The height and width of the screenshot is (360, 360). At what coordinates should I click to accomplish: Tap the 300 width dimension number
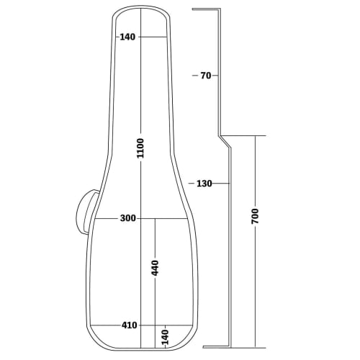(129, 218)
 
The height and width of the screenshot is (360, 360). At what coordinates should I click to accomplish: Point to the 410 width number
(129, 325)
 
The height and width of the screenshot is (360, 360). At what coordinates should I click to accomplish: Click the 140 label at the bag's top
(128, 37)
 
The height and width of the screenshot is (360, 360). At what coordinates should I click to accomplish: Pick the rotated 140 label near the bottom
(165, 336)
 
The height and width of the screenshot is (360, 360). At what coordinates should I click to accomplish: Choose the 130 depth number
(204, 184)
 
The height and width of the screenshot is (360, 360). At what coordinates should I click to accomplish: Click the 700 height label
(255, 216)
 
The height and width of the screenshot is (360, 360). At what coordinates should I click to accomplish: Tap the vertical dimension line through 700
(255, 288)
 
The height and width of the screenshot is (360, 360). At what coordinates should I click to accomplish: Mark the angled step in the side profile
(225, 140)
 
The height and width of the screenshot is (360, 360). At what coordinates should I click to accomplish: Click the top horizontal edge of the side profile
(205, 9)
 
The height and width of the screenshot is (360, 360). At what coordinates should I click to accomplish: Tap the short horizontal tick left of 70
(194, 75)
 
